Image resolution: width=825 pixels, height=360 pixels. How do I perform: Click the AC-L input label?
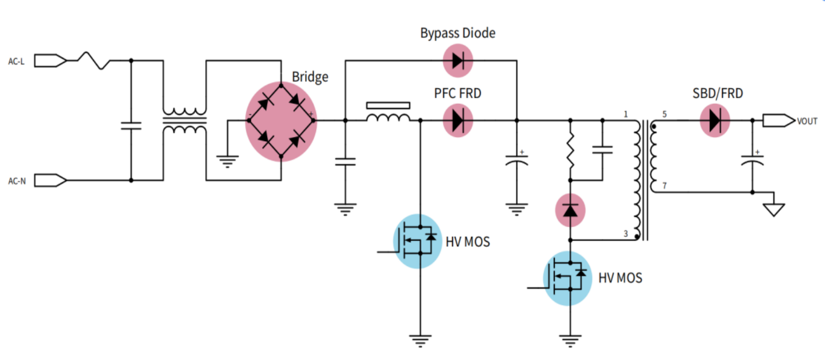16,61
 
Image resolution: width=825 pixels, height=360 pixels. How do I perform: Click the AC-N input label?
16,181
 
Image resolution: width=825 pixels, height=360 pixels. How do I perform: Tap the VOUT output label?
807,121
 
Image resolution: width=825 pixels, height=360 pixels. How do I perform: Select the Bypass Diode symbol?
458,60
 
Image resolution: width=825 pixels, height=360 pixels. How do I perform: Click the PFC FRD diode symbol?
458,121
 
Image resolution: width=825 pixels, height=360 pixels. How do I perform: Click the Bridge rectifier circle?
281,121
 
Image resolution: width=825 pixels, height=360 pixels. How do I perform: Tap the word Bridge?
310,77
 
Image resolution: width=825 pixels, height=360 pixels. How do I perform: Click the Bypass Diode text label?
458,33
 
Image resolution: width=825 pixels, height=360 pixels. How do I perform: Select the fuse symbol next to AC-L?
95,60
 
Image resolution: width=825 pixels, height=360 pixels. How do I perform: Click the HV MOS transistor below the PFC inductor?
418,241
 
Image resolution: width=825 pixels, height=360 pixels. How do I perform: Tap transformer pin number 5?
663,114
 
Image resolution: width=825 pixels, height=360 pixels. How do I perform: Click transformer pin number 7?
663,186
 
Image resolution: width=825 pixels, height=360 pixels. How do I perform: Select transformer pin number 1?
626,114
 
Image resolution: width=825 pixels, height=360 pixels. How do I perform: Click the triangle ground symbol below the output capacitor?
773,210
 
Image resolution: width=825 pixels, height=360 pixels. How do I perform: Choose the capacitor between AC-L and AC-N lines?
131,125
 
